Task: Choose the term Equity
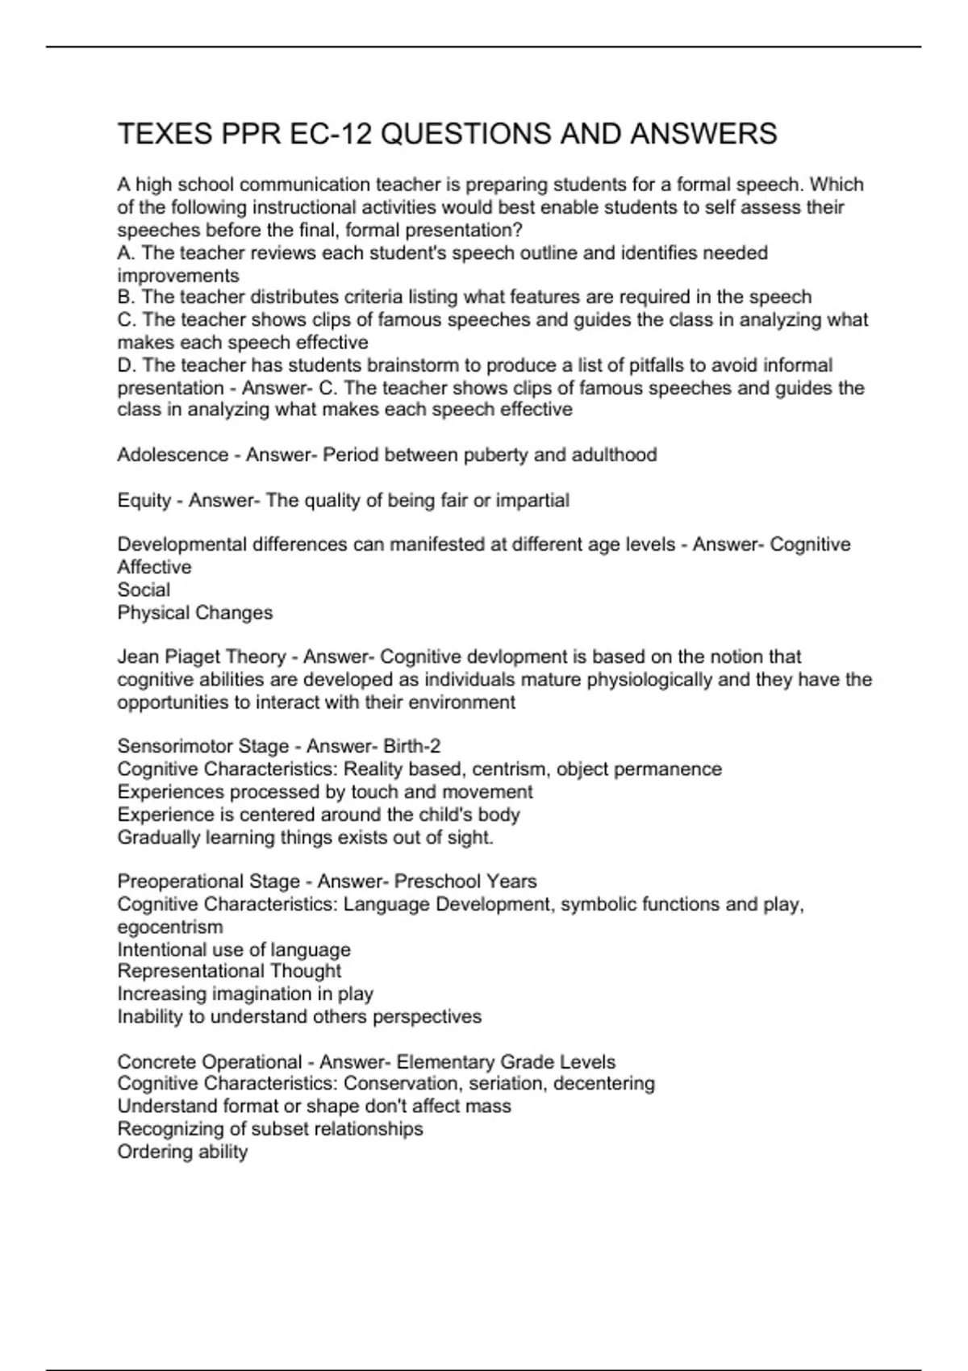pyautogui.click(x=144, y=501)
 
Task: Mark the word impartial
pyautogui.click(x=532, y=501)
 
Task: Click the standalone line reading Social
pyautogui.click(x=144, y=590)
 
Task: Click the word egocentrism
pyautogui.click(x=170, y=927)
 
